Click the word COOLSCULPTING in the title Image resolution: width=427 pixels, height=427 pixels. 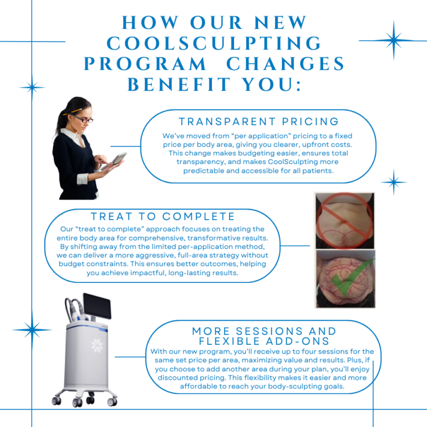click(x=214, y=43)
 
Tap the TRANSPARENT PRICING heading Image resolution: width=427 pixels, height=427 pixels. click(x=259, y=121)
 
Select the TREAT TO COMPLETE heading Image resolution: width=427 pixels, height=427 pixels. click(x=162, y=216)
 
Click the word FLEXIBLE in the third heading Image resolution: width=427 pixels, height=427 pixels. click(x=229, y=341)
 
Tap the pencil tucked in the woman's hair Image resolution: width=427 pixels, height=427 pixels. click(x=72, y=112)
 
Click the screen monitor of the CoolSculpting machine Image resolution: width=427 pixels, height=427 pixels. click(x=97, y=306)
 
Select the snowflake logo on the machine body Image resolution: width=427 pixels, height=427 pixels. click(x=97, y=345)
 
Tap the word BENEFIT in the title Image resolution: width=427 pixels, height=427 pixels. click(x=179, y=85)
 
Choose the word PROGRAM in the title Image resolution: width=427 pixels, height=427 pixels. click(x=145, y=64)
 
